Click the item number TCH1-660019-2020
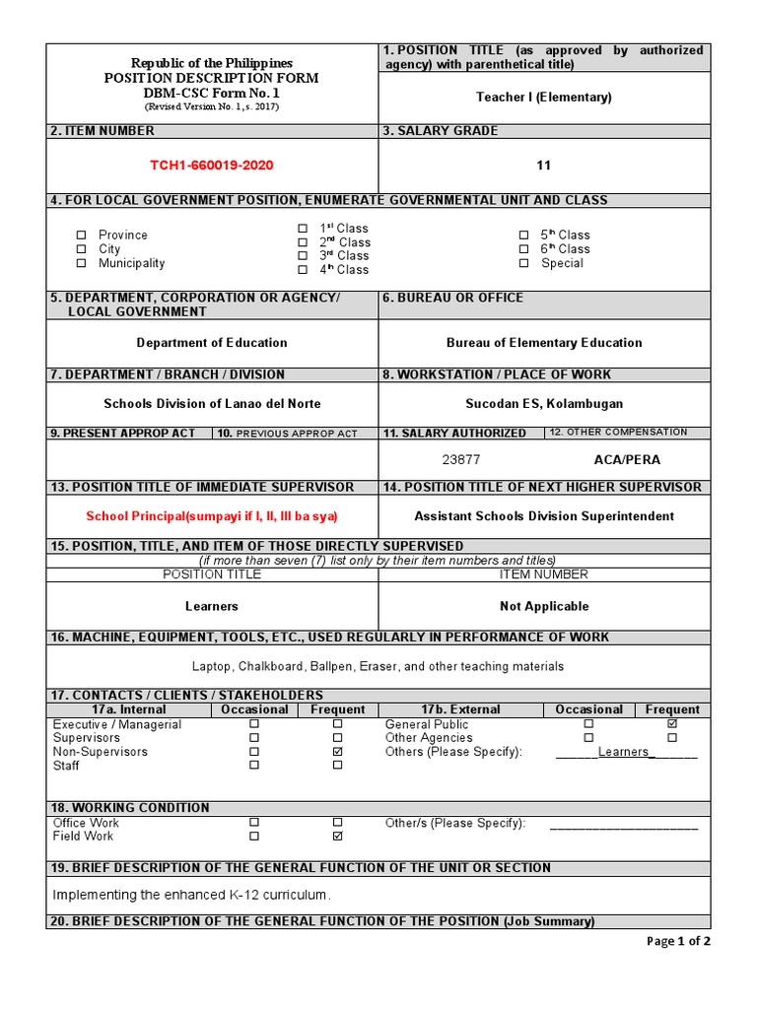point(212,166)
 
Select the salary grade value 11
point(544,166)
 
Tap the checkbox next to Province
point(82,235)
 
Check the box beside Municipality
point(82,263)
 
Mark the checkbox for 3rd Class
point(303,255)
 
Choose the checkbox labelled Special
point(524,263)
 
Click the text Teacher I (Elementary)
point(544,97)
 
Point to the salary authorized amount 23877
point(461,460)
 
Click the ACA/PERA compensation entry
point(627,460)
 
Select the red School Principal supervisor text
point(212,516)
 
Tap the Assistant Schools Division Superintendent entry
point(544,516)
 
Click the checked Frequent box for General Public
point(672,723)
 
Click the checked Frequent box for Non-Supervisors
point(338,751)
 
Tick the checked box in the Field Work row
point(338,836)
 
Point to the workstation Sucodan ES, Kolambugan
point(544,404)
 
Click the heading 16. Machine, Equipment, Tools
point(330,638)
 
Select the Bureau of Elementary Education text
point(544,343)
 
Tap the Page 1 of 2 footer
point(678,941)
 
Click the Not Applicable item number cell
point(544,606)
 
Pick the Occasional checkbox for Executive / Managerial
point(254,723)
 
